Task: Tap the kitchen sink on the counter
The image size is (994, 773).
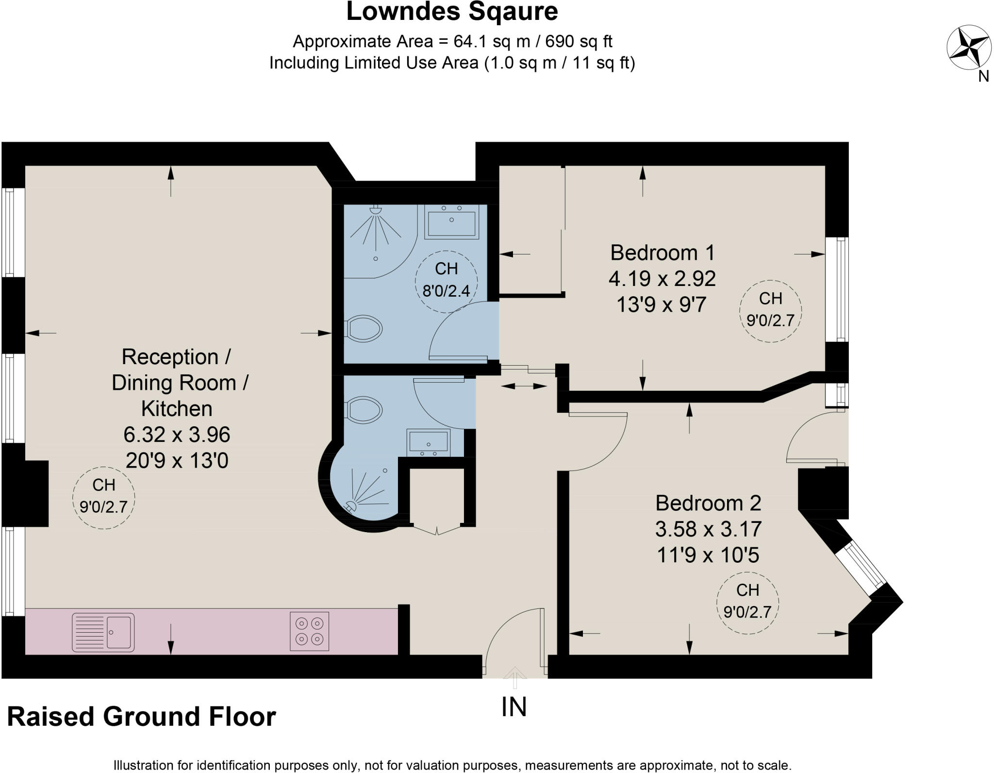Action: (103, 632)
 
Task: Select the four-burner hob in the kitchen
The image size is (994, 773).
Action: (309, 631)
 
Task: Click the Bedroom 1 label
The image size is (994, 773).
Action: (662, 252)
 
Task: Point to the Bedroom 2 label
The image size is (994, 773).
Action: (708, 503)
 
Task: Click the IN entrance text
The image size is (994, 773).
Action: (514, 707)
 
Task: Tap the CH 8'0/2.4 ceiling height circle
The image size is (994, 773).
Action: (446, 280)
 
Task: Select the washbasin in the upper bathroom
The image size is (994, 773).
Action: (451, 221)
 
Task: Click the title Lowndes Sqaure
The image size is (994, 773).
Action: (452, 12)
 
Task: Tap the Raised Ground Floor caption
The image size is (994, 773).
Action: (141, 717)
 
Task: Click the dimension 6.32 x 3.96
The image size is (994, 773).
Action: (177, 435)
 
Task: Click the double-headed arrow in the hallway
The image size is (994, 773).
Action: (523, 386)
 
